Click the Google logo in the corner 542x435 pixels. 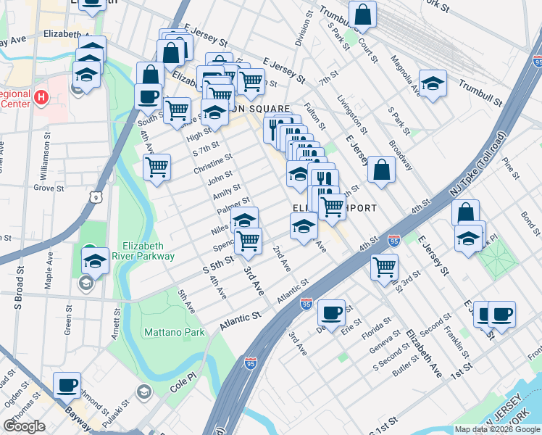pos(25,426)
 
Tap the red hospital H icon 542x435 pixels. pos(41,96)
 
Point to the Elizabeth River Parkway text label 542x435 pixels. pos(148,251)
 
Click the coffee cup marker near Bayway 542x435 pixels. pos(67,384)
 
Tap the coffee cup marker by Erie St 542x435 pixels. pos(332,312)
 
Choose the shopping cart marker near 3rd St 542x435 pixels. pos(384,266)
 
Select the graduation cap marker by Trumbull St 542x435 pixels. pos(433,83)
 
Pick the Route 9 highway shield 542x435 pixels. pos(95,196)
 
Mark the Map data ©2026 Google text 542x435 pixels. pos(497,429)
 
